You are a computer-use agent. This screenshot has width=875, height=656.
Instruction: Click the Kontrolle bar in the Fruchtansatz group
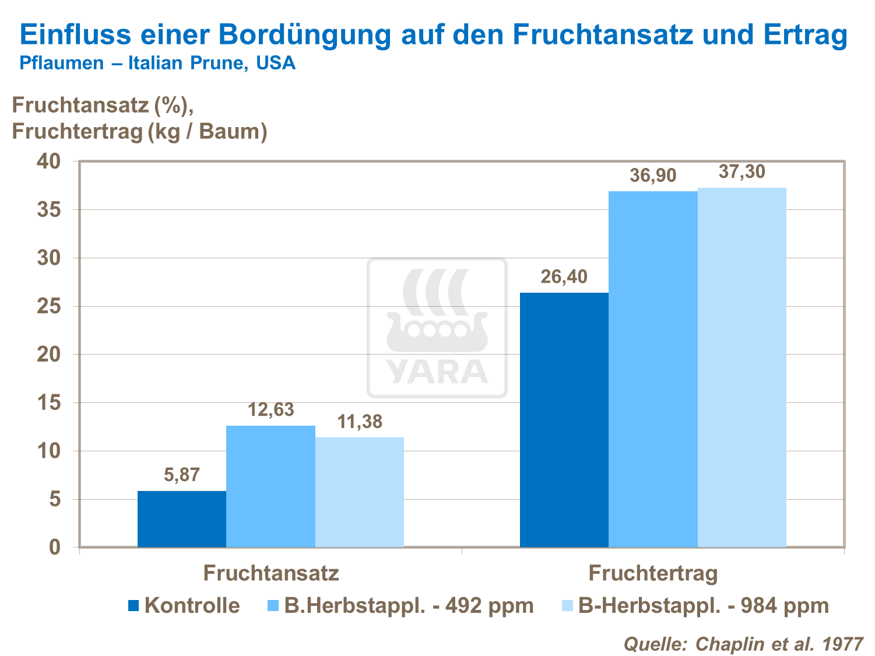coord(182,519)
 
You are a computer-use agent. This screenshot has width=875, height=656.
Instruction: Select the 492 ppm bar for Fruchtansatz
coord(270,486)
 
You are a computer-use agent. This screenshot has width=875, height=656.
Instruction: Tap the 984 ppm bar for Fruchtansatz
coord(360,492)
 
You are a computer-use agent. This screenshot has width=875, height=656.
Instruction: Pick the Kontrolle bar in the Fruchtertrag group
coord(564,420)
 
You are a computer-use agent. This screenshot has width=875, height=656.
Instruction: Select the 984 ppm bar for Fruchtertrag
coord(742,367)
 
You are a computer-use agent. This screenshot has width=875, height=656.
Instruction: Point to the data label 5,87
coord(182,475)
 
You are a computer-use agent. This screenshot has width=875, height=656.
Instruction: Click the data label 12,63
coord(271,410)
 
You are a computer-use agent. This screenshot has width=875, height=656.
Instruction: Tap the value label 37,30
coord(742,172)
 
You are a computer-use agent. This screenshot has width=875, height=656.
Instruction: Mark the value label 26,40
coord(564,277)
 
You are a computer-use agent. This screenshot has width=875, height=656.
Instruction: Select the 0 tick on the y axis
coord(55,548)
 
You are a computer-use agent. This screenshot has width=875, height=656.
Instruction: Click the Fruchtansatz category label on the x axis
coord(271,573)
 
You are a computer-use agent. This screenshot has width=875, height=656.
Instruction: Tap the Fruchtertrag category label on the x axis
coord(653,573)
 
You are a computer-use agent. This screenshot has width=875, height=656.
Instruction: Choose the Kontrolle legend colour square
coord(133,606)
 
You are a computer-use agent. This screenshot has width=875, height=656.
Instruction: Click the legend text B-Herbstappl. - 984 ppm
coord(703,606)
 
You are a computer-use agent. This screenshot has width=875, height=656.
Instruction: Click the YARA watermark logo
coord(437,328)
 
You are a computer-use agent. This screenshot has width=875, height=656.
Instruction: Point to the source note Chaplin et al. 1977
coord(743,644)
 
